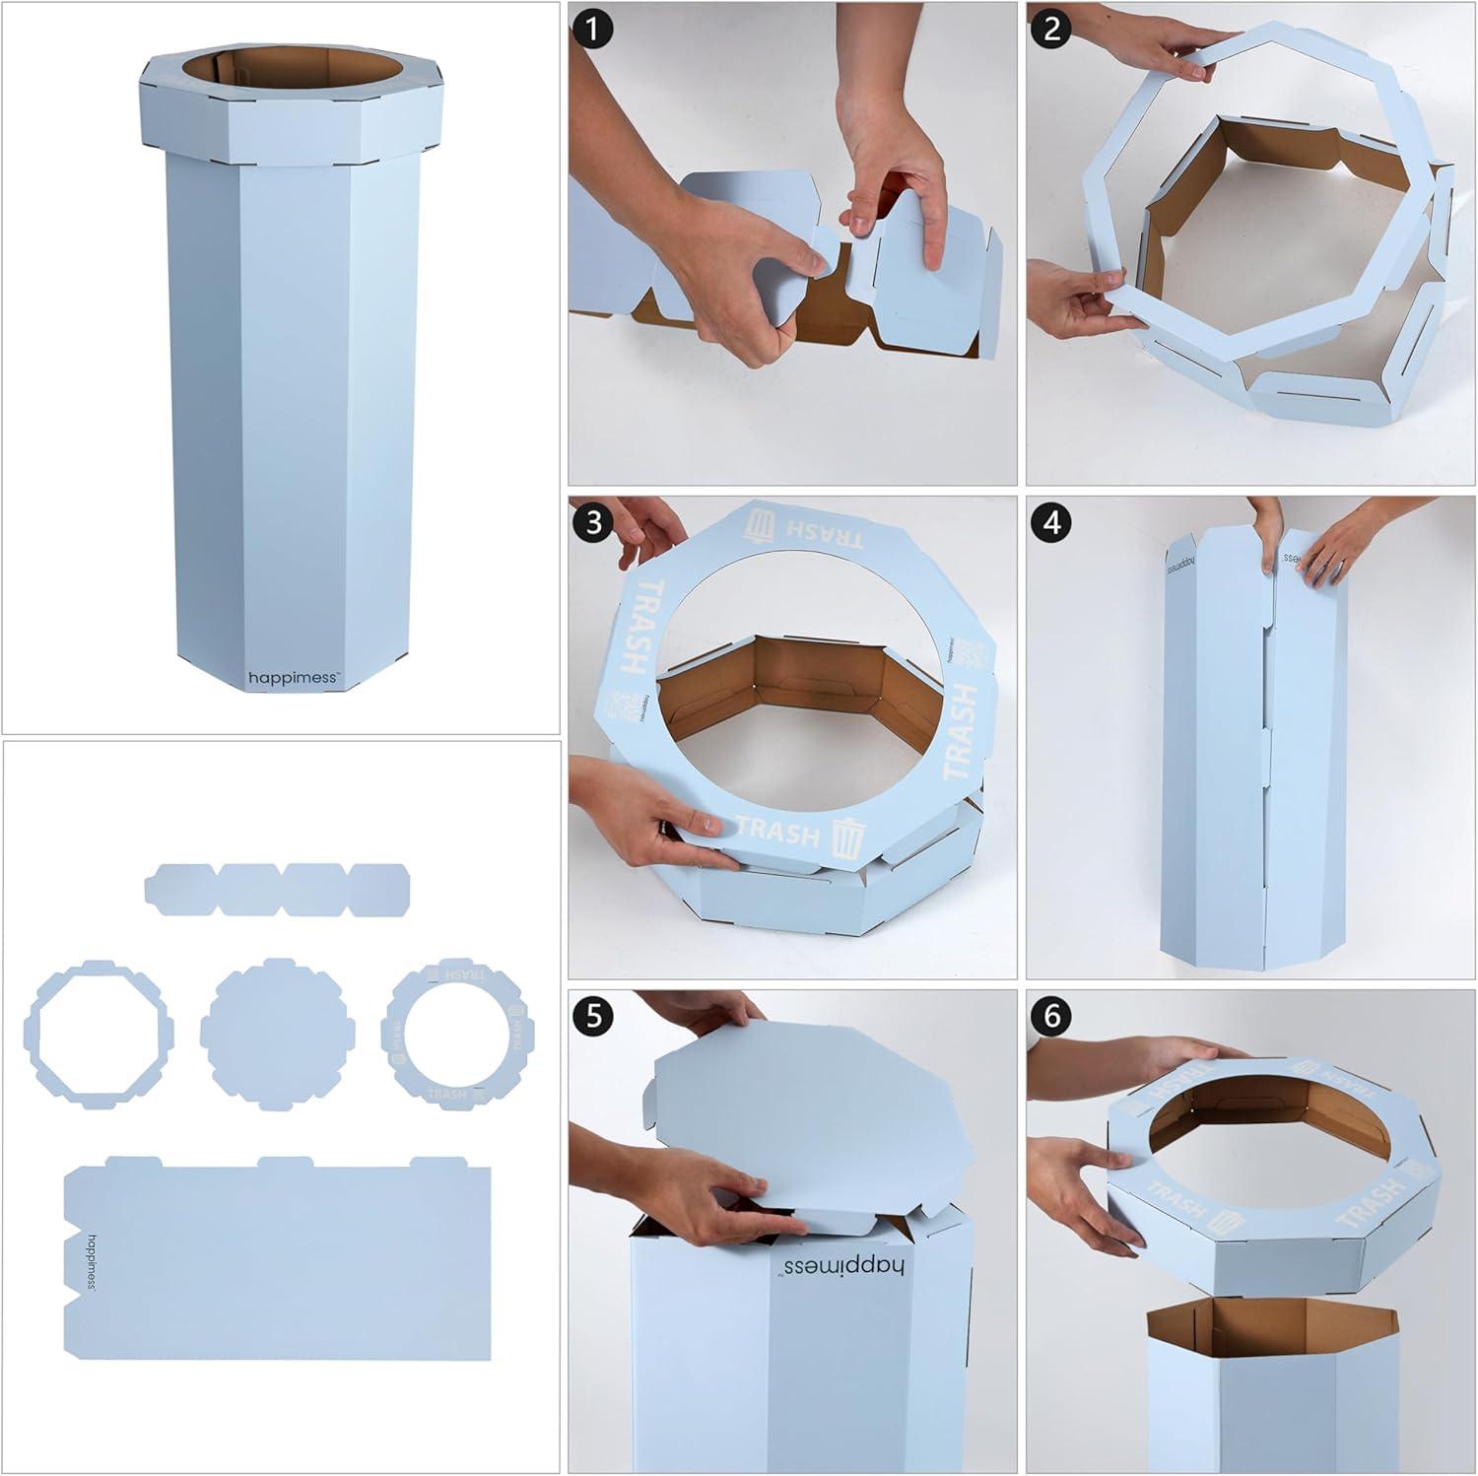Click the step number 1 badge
click(x=591, y=28)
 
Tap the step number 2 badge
click(x=1051, y=28)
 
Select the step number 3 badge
click(x=591, y=521)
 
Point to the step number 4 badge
click(x=1051, y=521)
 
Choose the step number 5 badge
click(x=591, y=1016)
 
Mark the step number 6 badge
click(x=1051, y=1016)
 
